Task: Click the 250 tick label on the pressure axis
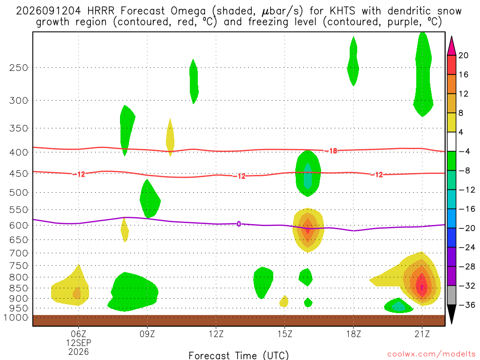[19, 67]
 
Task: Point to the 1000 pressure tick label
[16, 318]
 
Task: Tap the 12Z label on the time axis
[216, 334]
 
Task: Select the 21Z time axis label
[422, 334]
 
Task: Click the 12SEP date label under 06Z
[79, 343]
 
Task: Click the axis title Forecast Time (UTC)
[239, 355]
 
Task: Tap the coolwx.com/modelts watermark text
[431, 354]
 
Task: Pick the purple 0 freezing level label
[239, 224]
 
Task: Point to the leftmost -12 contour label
[79, 174]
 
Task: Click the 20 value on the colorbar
[464, 55]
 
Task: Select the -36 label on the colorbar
[467, 305]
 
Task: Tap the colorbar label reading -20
[467, 228]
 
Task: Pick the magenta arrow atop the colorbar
[451, 46]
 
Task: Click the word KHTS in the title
[342, 11]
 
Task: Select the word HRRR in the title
[101, 11]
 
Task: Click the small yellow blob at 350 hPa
[170, 138]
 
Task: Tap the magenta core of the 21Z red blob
[422, 287]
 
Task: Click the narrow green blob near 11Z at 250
[194, 82]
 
